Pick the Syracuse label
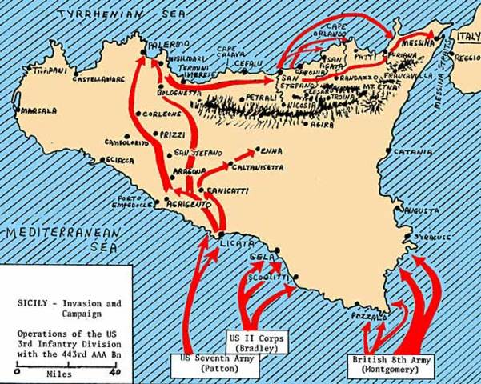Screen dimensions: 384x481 click(431, 238)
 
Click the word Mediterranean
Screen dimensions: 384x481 click(60, 233)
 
